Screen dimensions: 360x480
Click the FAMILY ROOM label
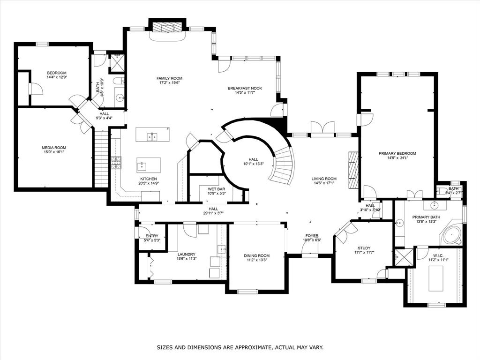(169, 78)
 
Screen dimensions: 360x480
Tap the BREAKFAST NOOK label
(245, 88)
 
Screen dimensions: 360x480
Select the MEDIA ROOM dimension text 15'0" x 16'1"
(54, 152)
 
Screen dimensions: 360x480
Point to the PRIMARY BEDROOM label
(397, 153)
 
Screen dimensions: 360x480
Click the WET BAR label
(217, 189)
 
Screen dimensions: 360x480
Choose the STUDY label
(364, 248)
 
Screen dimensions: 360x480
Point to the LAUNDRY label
(186, 254)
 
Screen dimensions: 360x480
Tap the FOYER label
(312, 236)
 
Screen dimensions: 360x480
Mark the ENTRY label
(152, 236)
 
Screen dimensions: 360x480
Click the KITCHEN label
(148, 179)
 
